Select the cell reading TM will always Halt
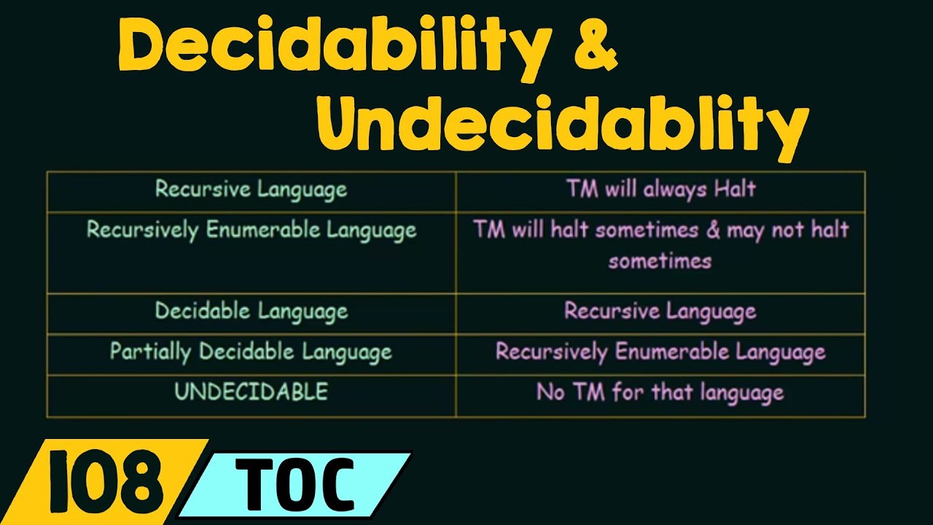pyautogui.click(x=660, y=190)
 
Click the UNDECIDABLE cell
pyautogui.click(x=251, y=392)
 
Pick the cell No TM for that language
pyautogui.click(x=660, y=392)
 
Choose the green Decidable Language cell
pyautogui.click(x=251, y=311)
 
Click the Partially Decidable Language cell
pyautogui.click(x=251, y=352)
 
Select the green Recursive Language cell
pyautogui.click(x=251, y=190)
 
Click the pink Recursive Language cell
pyautogui.click(x=660, y=312)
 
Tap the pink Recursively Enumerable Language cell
pyautogui.click(x=660, y=352)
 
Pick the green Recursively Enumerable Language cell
pyautogui.click(x=251, y=230)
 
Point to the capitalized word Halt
pyautogui.click(x=734, y=190)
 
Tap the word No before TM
pyautogui.click(x=550, y=392)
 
